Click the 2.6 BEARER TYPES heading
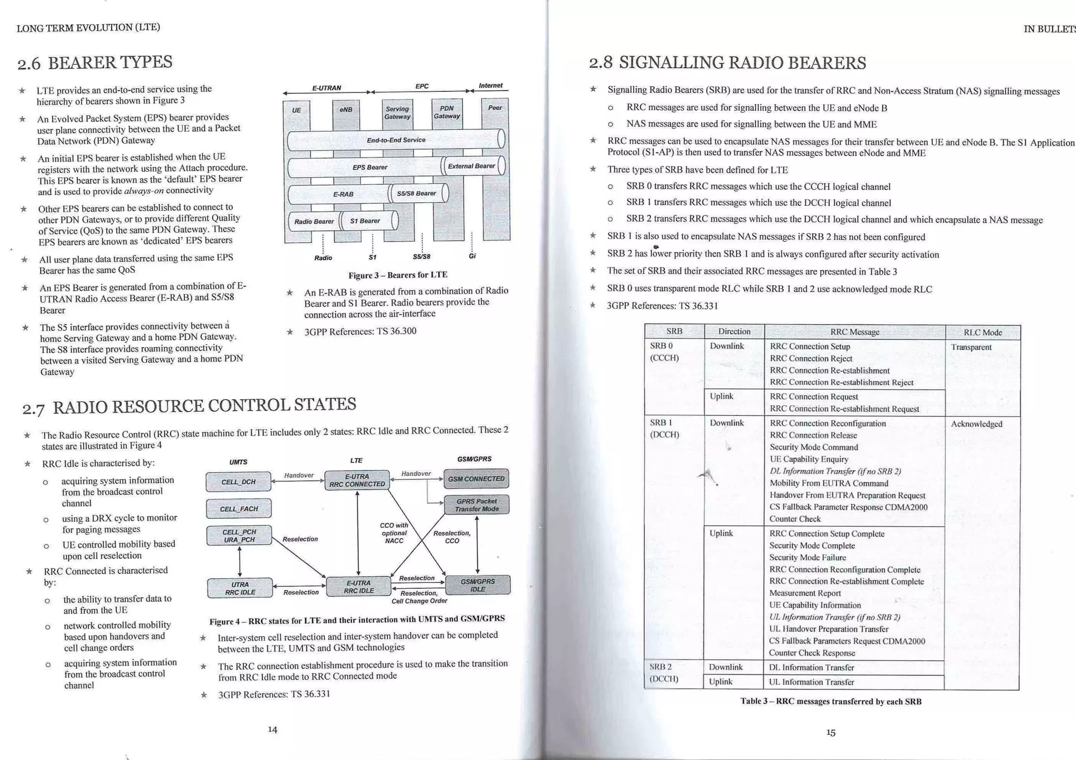(95, 63)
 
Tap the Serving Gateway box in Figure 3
(397, 113)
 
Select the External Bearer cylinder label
(471, 166)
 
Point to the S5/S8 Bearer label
(416, 193)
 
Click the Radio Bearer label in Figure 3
(314, 221)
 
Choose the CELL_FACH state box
(239, 508)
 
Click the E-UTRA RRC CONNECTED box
(357, 480)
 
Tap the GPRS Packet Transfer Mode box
(477, 505)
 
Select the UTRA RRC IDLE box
(240, 588)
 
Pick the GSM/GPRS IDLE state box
(478, 585)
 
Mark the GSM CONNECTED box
(476, 478)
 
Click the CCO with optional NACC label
(395, 533)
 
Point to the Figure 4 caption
(357, 620)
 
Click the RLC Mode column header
(982, 332)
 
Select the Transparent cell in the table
(971, 347)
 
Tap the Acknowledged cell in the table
(976, 424)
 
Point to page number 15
(831, 732)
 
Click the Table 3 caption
(831, 701)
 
